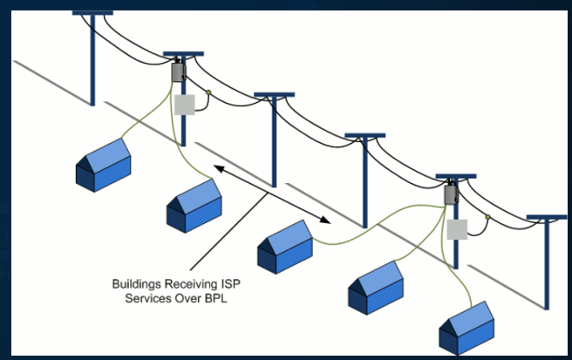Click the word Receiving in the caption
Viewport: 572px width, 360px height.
185,284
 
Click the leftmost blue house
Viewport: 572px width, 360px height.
103,165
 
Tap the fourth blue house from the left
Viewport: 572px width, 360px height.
376,286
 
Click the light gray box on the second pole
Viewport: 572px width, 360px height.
184,105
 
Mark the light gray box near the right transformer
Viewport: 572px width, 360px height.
457,229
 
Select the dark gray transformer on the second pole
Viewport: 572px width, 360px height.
178,71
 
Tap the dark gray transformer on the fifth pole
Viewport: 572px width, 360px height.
452,194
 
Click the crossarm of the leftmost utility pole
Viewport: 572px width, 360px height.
92,13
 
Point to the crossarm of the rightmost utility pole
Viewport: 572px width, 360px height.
547,217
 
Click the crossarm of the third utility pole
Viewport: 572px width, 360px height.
274,94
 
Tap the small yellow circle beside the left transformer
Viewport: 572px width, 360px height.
208,92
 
